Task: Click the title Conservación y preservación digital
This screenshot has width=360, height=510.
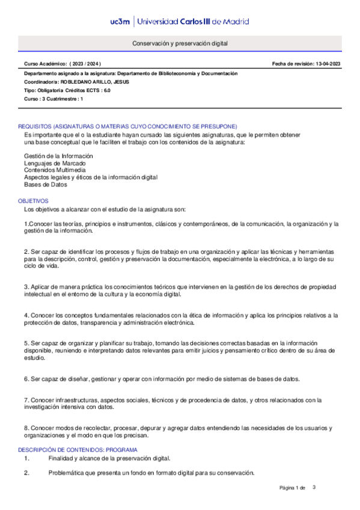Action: click(180, 44)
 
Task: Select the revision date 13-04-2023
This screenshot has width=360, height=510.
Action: click(328, 64)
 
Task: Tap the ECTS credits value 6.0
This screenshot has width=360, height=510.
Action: click(106, 90)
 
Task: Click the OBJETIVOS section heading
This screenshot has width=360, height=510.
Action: click(33, 200)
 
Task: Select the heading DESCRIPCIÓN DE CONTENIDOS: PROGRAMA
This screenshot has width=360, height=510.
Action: click(78, 450)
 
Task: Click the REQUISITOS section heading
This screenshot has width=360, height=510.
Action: click(127, 126)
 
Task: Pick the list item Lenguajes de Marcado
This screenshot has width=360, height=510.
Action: click(55, 163)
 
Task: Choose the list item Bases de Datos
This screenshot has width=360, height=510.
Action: click(46, 185)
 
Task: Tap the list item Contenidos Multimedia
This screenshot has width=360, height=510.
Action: click(55, 170)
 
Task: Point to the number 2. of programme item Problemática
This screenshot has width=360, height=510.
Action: click(27, 473)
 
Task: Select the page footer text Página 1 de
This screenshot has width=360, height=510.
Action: click(293, 487)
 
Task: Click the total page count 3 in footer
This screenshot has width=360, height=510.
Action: click(314, 487)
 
